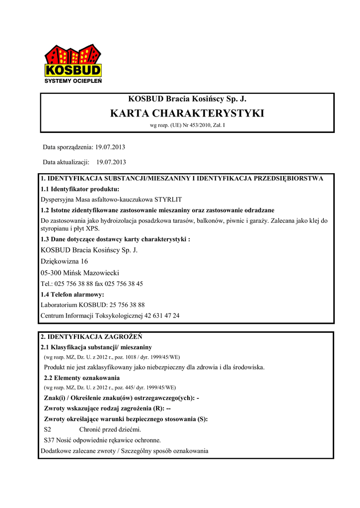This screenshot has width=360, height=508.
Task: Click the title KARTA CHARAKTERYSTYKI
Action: [187, 113]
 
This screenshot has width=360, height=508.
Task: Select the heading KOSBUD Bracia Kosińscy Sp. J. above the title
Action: [187, 98]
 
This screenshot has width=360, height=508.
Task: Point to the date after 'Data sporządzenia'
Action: [111, 147]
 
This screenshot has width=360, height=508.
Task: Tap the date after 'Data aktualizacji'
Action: [111, 162]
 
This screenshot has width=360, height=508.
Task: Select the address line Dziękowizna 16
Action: [64, 261]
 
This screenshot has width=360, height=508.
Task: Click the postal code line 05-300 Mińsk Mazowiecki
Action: [79, 273]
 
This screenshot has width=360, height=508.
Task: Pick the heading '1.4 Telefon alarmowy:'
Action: [72, 294]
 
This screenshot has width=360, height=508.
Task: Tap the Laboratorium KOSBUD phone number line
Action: [92, 305]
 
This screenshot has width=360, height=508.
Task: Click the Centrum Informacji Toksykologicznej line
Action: [110, 316]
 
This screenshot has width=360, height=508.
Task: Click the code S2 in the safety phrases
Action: [48, 429]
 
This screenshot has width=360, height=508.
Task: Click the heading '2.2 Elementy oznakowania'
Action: [82, 378]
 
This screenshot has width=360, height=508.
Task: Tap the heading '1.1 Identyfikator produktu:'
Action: [79, 189]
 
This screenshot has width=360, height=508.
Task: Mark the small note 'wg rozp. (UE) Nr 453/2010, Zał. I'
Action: [187, 126]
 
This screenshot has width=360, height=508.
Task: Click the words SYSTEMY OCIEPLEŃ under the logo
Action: [73, 81]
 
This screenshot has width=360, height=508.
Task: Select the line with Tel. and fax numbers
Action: [91, 284]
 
